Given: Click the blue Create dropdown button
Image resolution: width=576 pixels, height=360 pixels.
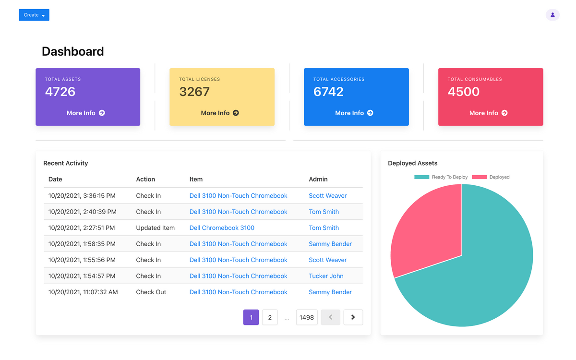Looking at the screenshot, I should coord(34,15).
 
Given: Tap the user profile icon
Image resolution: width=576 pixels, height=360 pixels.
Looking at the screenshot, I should coord(552,15).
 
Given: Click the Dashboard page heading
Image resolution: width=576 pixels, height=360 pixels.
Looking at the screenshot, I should coord(72,51).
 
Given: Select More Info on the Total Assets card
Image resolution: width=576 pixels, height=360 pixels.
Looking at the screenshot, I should coord(86,113).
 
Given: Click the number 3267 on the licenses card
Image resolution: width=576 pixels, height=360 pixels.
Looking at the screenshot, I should coord(194,92).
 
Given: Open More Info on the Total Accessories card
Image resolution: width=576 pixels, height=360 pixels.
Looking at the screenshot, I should coord(354,113).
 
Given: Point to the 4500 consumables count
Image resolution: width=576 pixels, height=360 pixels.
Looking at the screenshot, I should coord(464,92).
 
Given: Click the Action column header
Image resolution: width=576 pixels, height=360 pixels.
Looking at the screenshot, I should coord(145,179).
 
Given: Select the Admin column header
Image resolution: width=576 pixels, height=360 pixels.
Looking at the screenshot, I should coord(318,179).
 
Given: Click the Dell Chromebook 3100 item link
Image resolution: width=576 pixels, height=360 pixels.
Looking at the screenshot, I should coord(222,228).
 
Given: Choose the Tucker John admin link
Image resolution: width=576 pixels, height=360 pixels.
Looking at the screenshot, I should coord(326,276).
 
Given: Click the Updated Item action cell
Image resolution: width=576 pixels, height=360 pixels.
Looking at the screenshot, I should coord(155,228).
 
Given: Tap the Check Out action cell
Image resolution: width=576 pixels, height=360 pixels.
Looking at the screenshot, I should coord(151,292).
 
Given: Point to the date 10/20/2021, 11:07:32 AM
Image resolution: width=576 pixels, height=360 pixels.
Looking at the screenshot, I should coord(83,292).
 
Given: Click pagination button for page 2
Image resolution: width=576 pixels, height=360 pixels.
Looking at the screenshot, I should coord(270,317).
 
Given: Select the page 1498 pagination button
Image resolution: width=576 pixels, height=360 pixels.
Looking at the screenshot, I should coord(307,317).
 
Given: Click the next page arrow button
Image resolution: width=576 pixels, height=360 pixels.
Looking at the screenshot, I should coord(353,317).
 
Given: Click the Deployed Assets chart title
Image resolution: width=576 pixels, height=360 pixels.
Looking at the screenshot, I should coord(413,163).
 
